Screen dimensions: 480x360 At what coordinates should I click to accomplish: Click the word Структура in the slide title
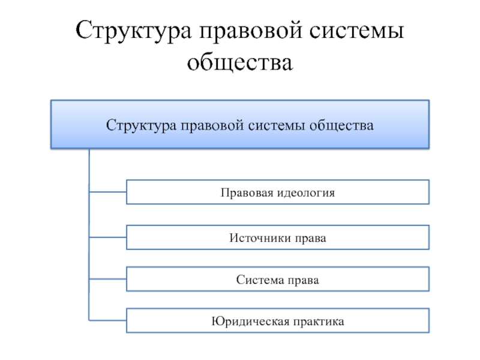pos(133,31)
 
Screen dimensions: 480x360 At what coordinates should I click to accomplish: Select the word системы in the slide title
pos(356,31)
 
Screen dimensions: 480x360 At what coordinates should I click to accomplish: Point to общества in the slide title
pos(240,62)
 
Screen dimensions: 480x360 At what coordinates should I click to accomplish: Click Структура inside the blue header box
pos(141,125)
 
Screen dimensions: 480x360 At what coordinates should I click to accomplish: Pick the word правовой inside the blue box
pos(212,126)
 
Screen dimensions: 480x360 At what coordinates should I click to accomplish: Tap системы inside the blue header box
pos(277,125)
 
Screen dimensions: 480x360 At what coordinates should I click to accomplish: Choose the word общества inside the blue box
pos(341,125)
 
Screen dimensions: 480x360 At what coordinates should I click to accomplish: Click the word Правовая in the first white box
pos(247,193)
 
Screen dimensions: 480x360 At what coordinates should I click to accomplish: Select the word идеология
pos(306,193)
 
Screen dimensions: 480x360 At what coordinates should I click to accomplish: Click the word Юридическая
pos(250,322)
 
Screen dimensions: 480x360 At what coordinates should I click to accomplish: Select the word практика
pos(319,322)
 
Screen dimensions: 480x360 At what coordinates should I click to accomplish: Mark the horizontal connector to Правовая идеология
pos(108,192)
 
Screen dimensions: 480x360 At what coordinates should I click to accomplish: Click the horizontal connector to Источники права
pos(108,237)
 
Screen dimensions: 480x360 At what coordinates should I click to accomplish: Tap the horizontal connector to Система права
pos(108,279)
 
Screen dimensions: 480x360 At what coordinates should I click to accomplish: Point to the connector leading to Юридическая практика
pos(108,320)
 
